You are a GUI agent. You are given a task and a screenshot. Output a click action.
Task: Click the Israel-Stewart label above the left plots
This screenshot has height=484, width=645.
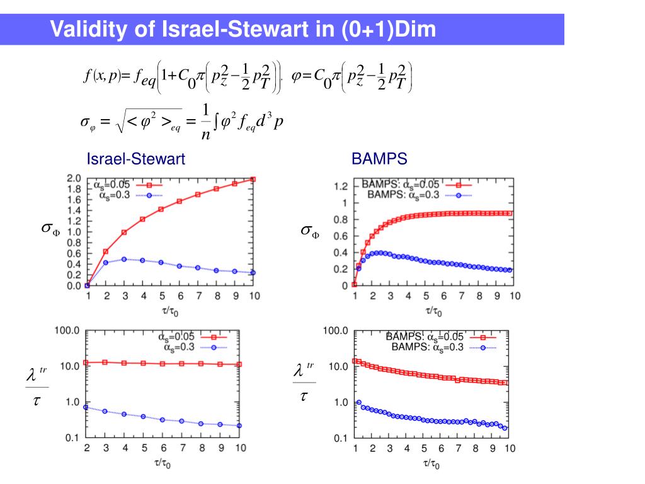(135, 159)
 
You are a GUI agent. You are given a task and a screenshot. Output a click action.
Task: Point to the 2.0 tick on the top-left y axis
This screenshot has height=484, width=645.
(74, 179)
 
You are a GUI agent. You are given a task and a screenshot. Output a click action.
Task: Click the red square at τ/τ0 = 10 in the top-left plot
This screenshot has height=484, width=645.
(253, 179)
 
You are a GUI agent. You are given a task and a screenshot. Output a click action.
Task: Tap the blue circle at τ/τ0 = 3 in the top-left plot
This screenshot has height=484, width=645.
(124, 259)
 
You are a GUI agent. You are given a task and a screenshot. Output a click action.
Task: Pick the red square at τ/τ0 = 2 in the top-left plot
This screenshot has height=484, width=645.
(106, 251)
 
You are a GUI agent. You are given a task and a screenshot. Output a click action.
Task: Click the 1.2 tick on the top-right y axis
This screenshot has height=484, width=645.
(340, 187)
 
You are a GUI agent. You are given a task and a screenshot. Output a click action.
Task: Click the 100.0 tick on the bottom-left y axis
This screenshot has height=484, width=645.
(69, 330)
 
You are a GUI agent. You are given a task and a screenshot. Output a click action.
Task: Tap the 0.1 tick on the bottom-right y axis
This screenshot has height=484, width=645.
(340, 438)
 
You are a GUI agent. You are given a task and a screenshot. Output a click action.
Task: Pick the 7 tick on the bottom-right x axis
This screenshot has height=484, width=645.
(458, 449)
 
